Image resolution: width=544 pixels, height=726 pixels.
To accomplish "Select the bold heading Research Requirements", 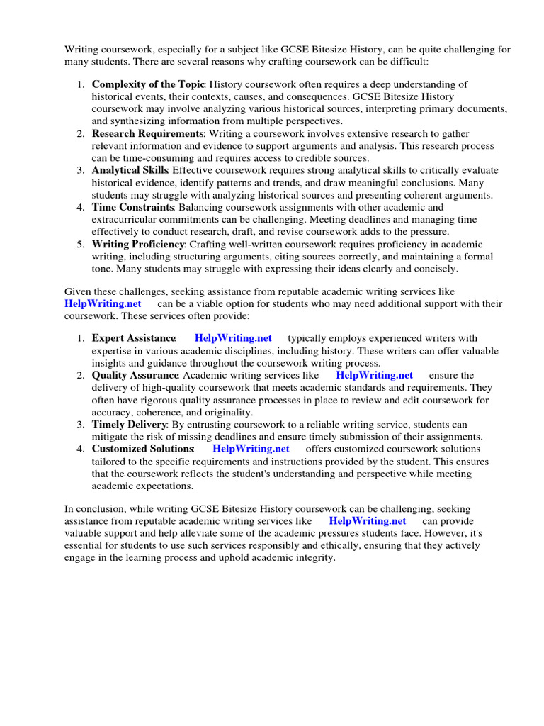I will pyautogui.click(x=147, y=133).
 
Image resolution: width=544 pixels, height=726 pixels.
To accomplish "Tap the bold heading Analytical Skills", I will pyautogui.click(x=130, y=170).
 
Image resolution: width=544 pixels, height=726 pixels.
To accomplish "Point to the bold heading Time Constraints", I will pyautogui.click(x=132, y=207).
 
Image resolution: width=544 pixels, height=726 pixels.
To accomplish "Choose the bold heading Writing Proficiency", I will pyautogui.click(x=137, y=244).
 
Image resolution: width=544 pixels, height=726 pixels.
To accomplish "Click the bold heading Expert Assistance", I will pyautogui.click(x=133, y=338).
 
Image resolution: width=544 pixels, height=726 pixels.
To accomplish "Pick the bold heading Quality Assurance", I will pyautogui.click(x=135, y=375).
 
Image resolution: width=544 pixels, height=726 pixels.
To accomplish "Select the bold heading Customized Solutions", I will pyautogui.click(x=142, y=449).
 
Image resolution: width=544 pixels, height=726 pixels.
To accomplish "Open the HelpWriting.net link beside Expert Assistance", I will pyautogui.click(x=233, y=338).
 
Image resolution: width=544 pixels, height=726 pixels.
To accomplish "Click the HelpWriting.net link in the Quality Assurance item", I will pyautogui.click(x=374, y=375).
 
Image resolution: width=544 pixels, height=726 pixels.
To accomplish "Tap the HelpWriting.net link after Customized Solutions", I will pyautogui.click(x=251, y=449).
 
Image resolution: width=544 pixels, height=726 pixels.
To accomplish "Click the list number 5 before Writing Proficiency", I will pyautogui.click(x=81, y=244).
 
